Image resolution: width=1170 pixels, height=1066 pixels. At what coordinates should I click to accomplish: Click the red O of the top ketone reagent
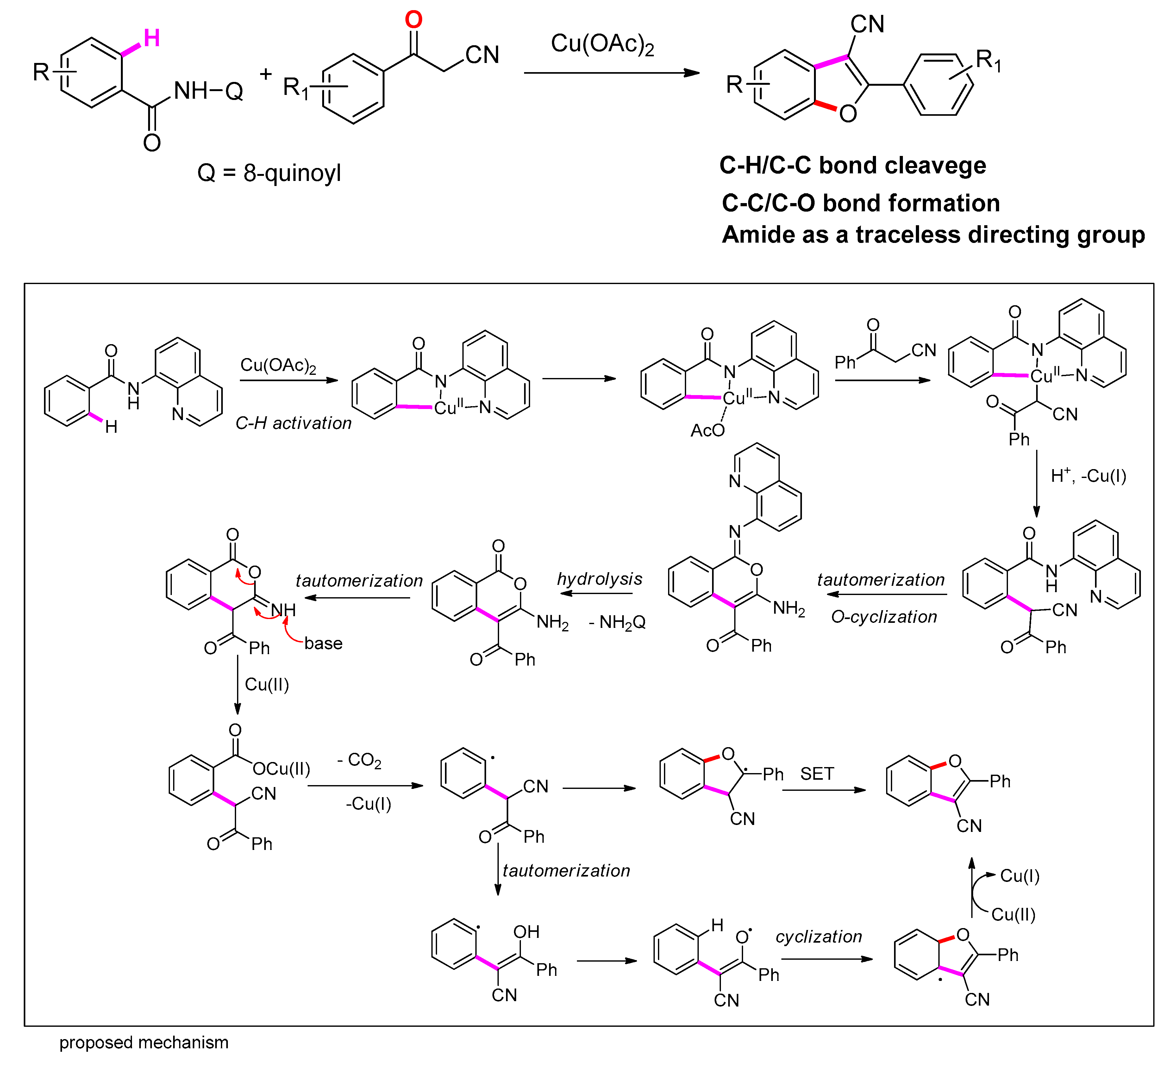click(x=413, y=20)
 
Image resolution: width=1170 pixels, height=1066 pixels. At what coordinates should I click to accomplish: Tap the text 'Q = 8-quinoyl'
click(x=269, y=173)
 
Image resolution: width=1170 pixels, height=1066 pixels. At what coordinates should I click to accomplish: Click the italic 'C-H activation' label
click(x=293, y=423)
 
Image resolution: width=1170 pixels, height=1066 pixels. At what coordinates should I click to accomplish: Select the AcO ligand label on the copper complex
click(x=707, y=430)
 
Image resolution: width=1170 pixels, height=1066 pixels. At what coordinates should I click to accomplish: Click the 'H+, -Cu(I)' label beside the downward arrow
click(x=1088, y=476)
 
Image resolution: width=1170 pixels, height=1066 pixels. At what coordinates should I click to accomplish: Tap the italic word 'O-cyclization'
click(x=883, y=617)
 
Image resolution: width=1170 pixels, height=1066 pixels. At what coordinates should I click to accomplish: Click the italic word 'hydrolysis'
click(x=599, y=579)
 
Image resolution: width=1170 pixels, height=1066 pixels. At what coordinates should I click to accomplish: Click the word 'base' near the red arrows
click(x=323, y=643)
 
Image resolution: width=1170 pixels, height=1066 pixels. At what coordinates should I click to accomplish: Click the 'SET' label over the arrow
click(x=816, y=774)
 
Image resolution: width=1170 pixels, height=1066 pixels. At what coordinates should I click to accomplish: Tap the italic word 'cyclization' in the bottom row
click(x=818, y=937)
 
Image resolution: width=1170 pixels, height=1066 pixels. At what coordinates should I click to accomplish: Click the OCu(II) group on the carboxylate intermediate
click(x=281, y=769)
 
